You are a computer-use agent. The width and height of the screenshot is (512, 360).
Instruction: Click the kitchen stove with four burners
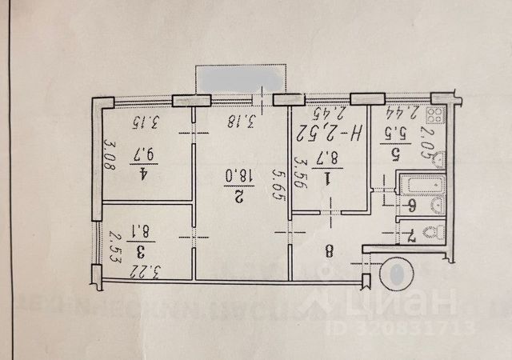[x=437, y=114]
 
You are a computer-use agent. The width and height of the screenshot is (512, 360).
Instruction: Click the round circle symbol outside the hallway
[x=397, y=273]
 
